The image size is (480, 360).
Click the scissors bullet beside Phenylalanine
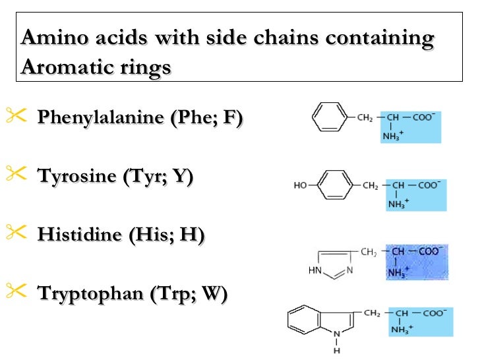16,116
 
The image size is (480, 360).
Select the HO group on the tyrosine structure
301,186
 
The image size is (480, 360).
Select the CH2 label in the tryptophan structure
371,313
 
